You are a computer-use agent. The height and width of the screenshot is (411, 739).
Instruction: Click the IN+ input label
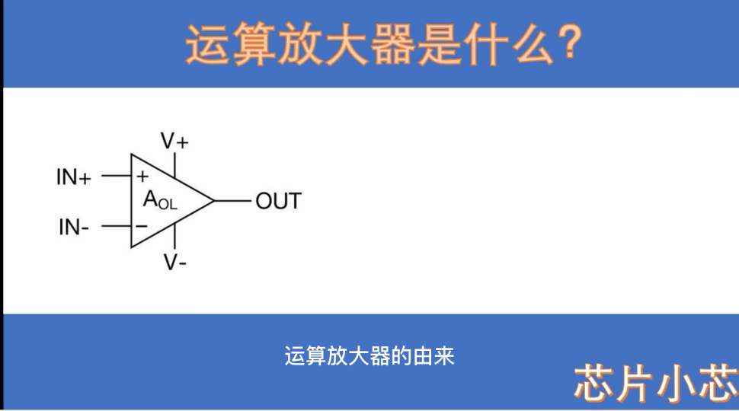(x=74, y=177)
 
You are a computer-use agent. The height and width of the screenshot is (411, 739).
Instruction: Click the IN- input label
(x=74, y=227)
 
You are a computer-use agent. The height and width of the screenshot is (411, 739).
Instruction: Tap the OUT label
(x=278, y=201)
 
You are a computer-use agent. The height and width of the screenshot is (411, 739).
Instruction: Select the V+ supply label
(x=174, y=141)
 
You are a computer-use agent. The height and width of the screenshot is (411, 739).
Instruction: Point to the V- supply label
(x=175, y=262)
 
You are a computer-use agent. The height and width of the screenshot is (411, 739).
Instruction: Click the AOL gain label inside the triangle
(x=160, y=200)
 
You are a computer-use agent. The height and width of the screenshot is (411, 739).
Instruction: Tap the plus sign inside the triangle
(x=142, y=177)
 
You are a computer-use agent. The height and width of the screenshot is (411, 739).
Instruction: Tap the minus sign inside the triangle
(x=142, y=227)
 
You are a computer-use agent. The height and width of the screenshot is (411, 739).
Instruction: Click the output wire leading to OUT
(x=233, y=201)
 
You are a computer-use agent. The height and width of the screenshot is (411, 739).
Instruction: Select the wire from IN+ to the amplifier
(x=117, y=176)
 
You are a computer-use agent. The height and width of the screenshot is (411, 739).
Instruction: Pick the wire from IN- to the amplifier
(x=117, y=227)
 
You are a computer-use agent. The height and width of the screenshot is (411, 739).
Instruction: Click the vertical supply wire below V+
(x=175, y=164)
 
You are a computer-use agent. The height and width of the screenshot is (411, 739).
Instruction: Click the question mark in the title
(x=571, y=43)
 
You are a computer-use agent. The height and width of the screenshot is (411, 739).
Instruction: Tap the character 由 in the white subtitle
(x=422, y=356)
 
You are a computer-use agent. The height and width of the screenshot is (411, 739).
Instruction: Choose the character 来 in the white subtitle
(x=444, y=356)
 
